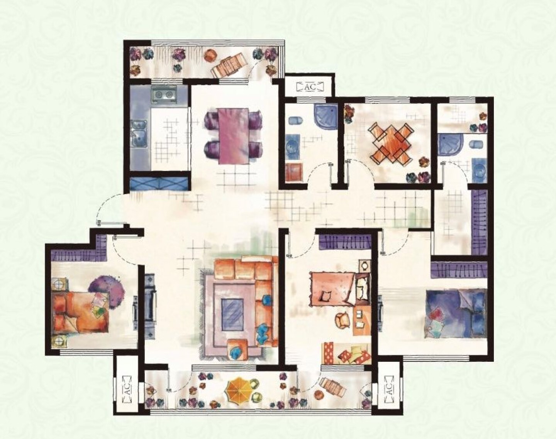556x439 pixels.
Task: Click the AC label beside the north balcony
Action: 310,87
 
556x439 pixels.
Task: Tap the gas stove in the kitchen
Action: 164,95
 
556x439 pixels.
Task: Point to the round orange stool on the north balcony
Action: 210,55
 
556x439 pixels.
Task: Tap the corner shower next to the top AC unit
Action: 325,116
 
